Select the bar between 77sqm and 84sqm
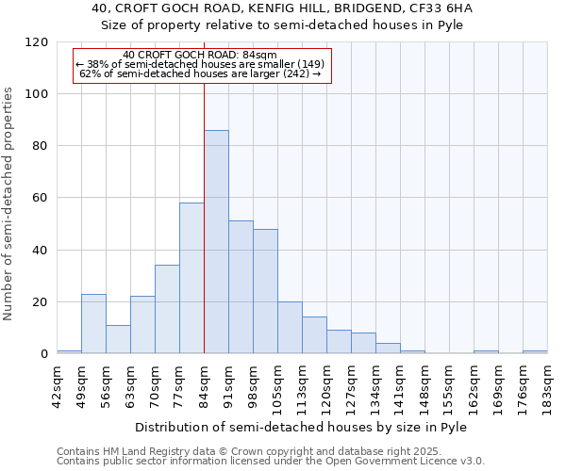(x=191, y=278)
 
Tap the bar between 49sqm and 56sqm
(x=93, y=324)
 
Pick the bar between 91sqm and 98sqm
(x=241, y=287)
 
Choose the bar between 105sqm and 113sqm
(x=290, y=328)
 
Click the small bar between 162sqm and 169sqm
(x=486, y=352)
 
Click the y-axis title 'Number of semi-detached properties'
(x=8, y=203)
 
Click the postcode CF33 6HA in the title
(x=441, y=8)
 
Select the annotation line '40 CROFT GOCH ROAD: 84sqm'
(x=200, y=56)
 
